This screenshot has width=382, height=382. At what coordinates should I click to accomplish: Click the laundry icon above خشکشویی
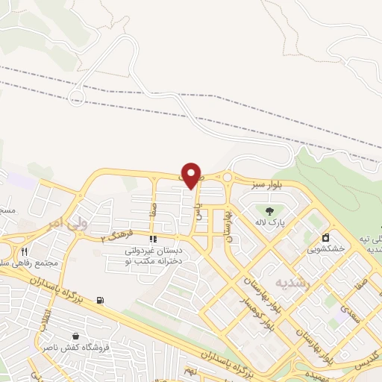326,237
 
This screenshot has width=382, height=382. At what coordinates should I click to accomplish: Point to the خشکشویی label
326,249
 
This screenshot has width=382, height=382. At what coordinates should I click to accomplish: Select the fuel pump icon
100,301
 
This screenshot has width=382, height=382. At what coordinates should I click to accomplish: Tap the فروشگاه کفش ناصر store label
83,348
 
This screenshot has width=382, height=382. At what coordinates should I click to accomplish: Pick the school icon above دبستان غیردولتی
153,239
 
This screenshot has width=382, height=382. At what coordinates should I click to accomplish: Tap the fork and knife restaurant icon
25,251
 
